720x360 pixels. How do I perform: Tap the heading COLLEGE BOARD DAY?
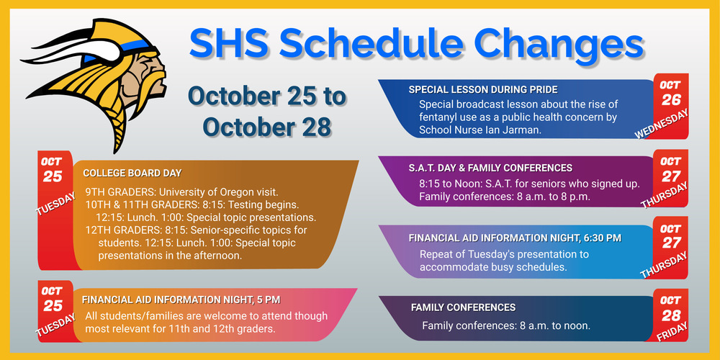pos(132,174)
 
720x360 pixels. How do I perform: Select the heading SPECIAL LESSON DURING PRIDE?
pos(483,90)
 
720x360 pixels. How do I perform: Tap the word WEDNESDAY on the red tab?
pos(662,124)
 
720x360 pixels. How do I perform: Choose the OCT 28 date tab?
pos(670,307)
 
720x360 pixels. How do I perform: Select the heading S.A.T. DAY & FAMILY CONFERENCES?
pos(490,168)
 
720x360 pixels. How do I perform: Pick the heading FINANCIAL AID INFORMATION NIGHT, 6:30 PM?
pos(515,238)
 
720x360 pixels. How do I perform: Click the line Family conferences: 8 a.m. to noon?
pos(506,325)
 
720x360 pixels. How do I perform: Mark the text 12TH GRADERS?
pos(117,230)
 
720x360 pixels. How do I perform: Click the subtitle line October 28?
pos(266,126)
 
